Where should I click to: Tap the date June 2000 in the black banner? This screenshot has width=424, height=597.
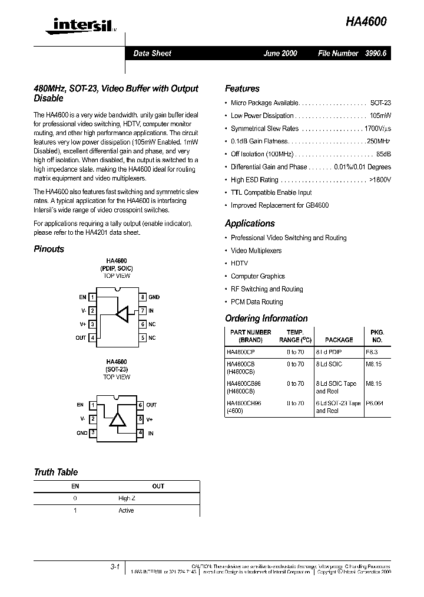click(280, 53)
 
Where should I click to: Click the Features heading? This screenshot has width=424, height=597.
click(242, 88)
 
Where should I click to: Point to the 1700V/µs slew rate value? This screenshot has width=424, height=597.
click(377, 129)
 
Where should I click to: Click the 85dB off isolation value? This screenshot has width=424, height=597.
click(383, 154)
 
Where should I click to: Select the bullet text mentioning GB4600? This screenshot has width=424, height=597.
click(279, 205)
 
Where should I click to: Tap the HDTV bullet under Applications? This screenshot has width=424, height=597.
click(239, 264)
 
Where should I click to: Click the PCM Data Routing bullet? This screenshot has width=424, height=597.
click(256, 302)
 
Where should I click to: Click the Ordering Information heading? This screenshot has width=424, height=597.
click(266, 319)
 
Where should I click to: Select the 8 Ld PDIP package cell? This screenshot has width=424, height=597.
click(328, 352)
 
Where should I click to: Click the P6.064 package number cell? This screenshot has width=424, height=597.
click(374, 404)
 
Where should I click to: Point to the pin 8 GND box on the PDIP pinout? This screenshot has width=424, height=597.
click(143, 297)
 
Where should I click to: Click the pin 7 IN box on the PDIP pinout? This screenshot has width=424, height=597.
click(143, 310)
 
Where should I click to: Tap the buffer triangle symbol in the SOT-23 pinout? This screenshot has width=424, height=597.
click(118, 419)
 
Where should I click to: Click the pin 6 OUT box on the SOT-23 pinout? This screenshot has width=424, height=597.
click(140, 405)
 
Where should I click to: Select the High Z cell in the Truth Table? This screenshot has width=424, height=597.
click(126, 498)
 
